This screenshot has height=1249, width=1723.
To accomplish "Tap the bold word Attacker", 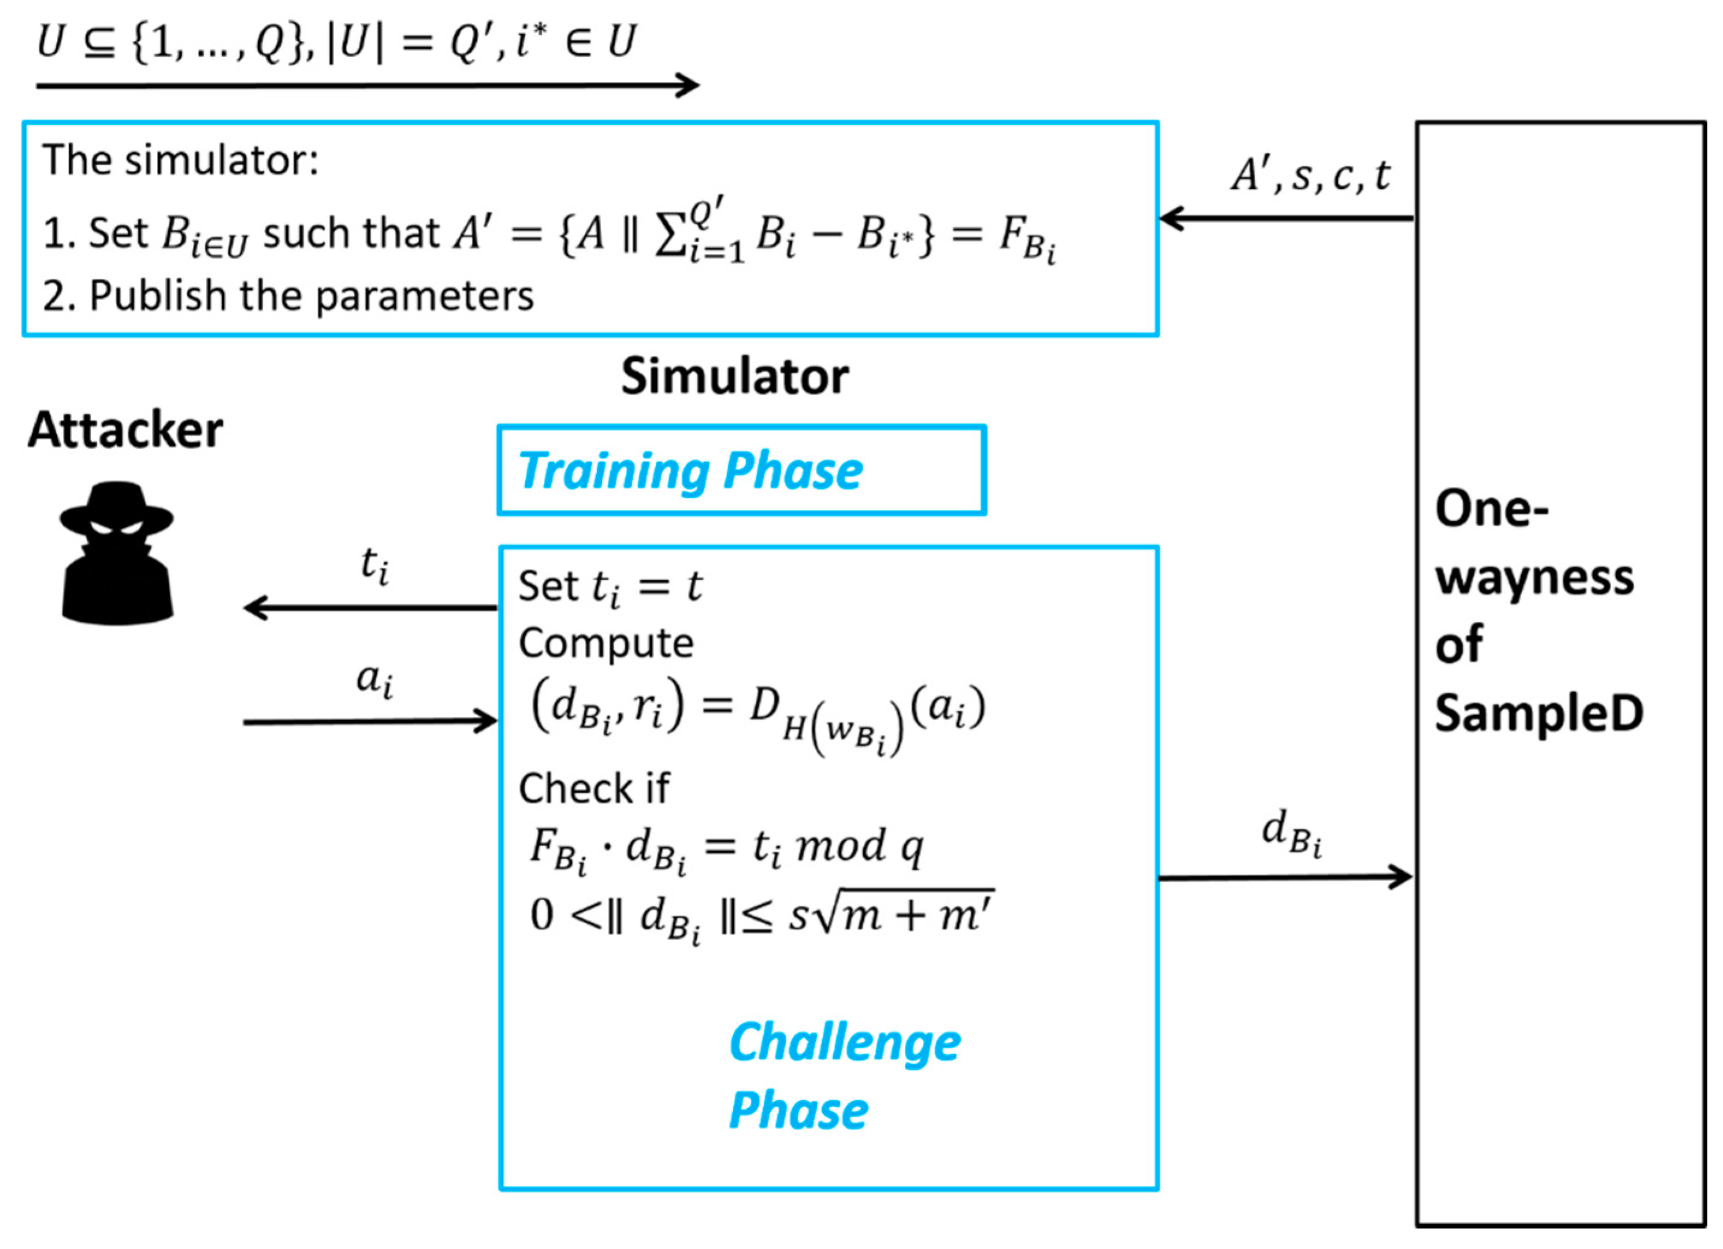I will coord(126,430).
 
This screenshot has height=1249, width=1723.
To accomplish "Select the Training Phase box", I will coord(741,470).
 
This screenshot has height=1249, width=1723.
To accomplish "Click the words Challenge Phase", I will coord(843,1076).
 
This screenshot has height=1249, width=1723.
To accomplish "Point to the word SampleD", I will coord(1538,713).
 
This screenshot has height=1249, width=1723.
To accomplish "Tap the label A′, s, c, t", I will coord(1311,176).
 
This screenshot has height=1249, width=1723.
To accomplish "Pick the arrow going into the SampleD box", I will coord(1284,877).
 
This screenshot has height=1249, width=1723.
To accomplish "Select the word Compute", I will coord(605,643).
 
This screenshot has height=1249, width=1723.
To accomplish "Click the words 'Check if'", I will coord(593,788).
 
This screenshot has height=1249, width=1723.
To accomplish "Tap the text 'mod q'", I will coord(859,845).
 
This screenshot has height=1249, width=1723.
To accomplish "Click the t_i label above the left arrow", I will coord(375,565).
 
